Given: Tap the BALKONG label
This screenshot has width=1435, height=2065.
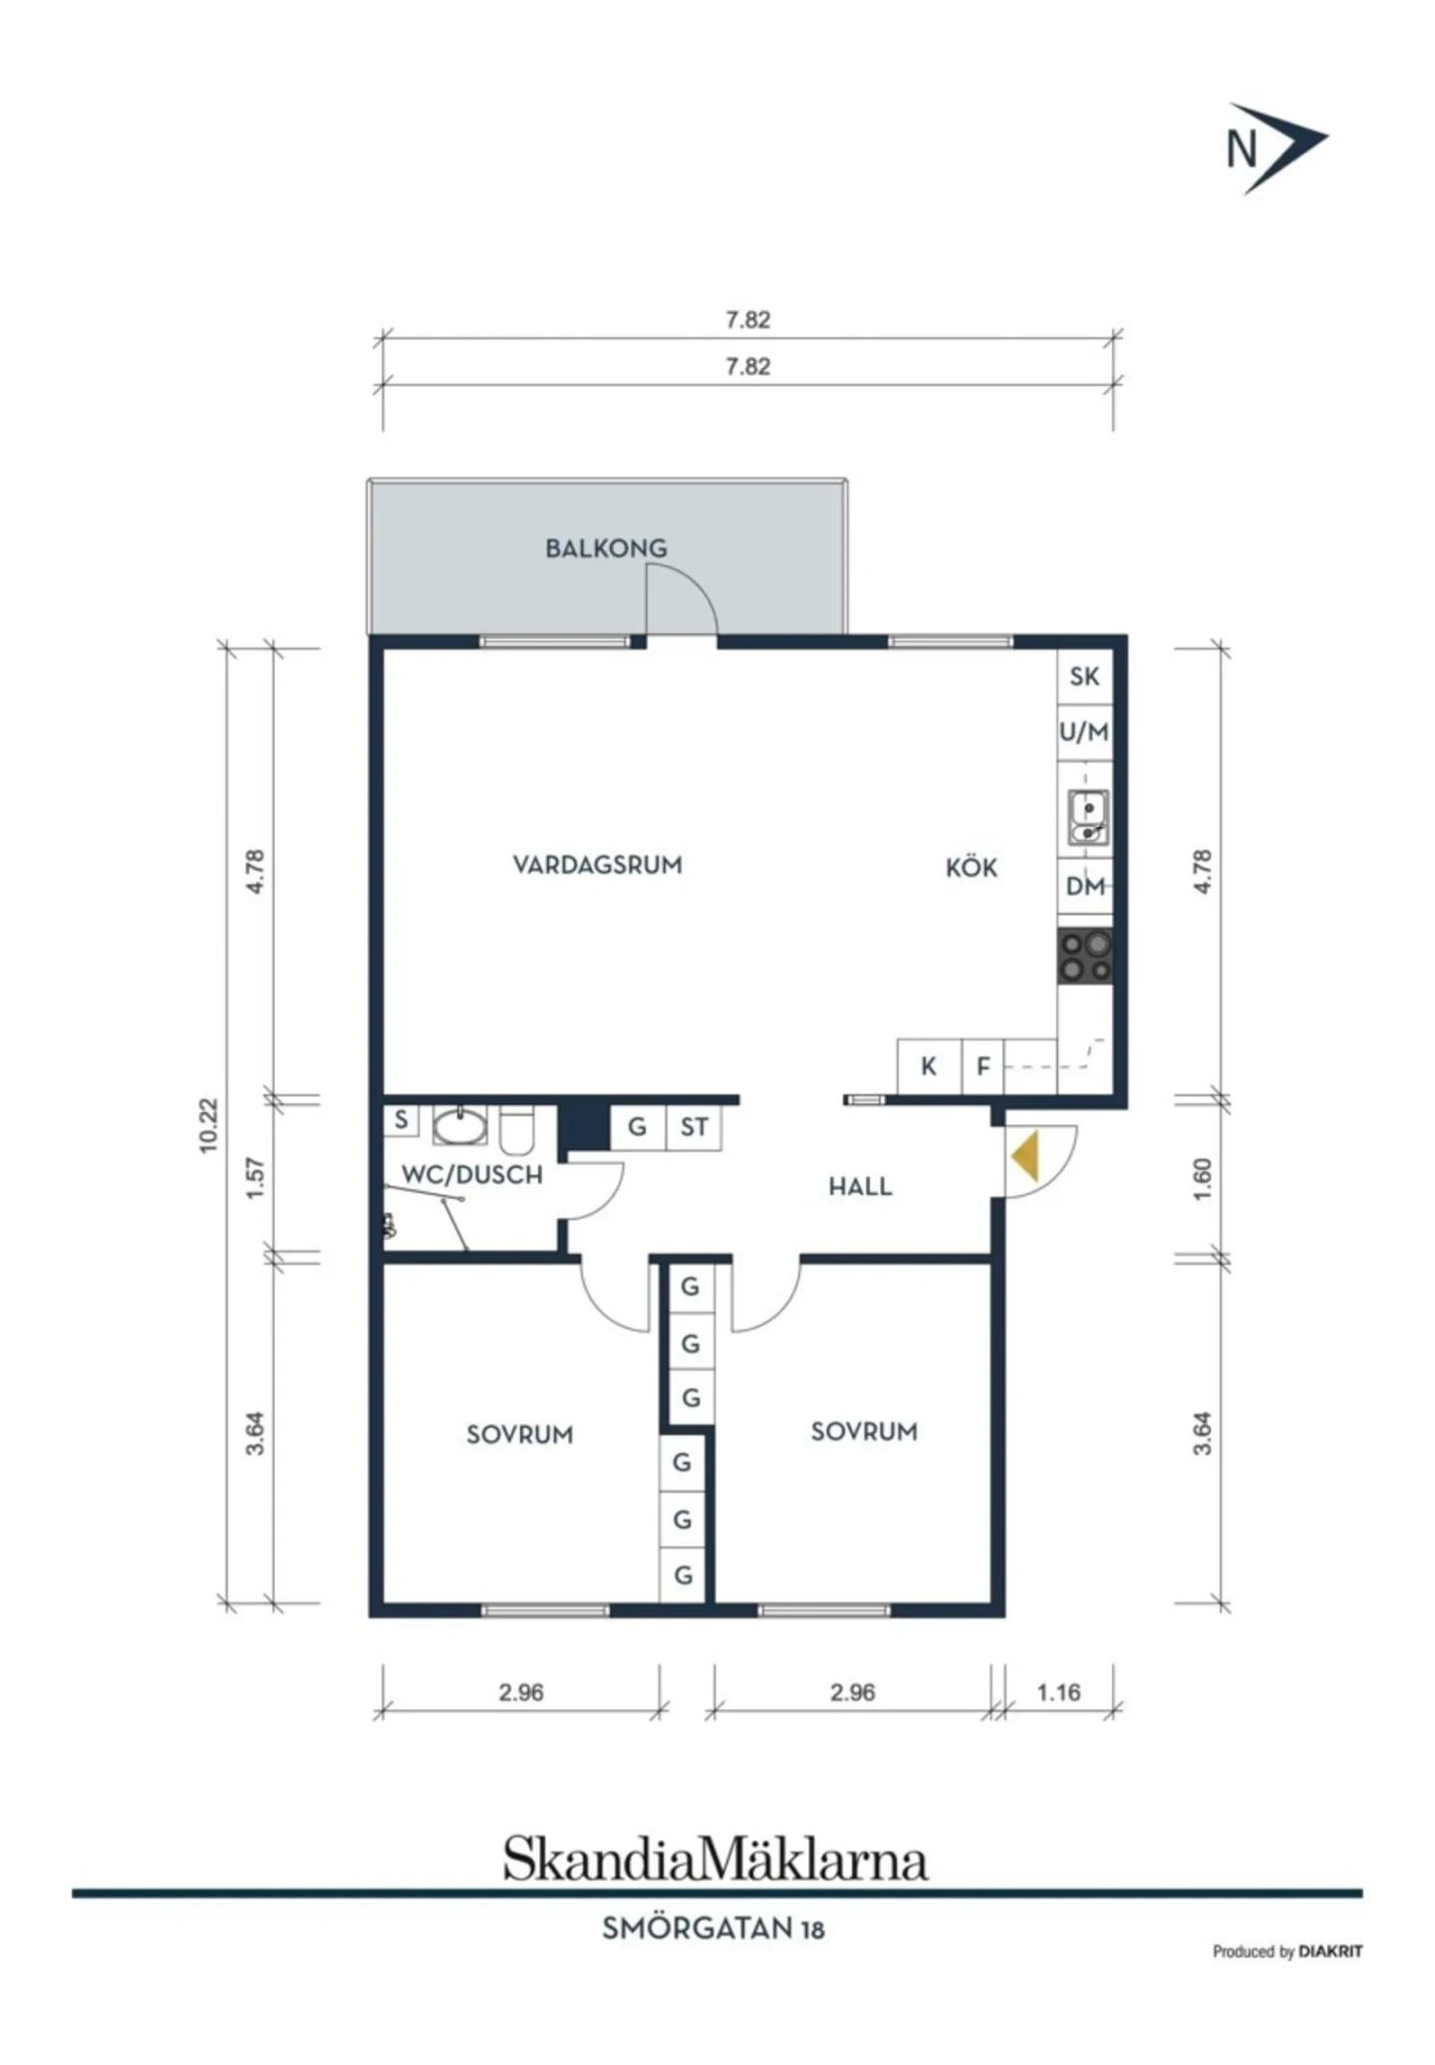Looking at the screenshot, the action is click(606, 548).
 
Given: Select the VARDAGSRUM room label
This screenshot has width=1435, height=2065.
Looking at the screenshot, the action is click(597, 864).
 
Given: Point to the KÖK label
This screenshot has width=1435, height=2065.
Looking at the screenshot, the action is click(971, 867).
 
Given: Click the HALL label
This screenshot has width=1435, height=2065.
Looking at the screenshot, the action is click(860, 1186).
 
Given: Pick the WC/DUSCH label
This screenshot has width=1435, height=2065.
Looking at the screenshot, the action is click(472, 1175).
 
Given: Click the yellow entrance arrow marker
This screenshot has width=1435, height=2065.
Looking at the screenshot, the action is click(1025, 1156).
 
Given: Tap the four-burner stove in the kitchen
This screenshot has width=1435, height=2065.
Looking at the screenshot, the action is click(1085, 957).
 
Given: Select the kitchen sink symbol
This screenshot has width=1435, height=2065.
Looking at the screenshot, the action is click(1087, 817).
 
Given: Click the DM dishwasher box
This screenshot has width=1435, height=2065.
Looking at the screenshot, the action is click(1085, 886).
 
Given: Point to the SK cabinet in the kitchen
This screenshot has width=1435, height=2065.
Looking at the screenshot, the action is click(1084, 677).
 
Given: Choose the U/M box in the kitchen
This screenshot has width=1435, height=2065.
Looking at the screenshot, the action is click(1084, 733).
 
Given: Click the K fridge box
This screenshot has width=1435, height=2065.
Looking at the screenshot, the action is click(929, 1066).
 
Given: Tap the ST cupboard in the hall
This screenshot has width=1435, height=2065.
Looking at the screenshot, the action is click(694, 1127).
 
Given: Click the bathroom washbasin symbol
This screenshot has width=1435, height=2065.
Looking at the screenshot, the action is click(459, 1126).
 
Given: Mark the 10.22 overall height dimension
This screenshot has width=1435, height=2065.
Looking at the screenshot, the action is click(207, 1125).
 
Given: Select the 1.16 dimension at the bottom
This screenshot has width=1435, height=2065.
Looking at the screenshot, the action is click(1058, 1692).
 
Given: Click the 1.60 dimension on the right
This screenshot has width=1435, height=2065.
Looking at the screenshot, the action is click(1203, 1179).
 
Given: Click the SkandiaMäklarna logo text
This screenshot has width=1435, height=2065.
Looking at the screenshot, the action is click(716, 1858).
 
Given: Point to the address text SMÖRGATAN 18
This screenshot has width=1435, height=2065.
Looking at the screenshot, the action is click(714, 1928).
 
